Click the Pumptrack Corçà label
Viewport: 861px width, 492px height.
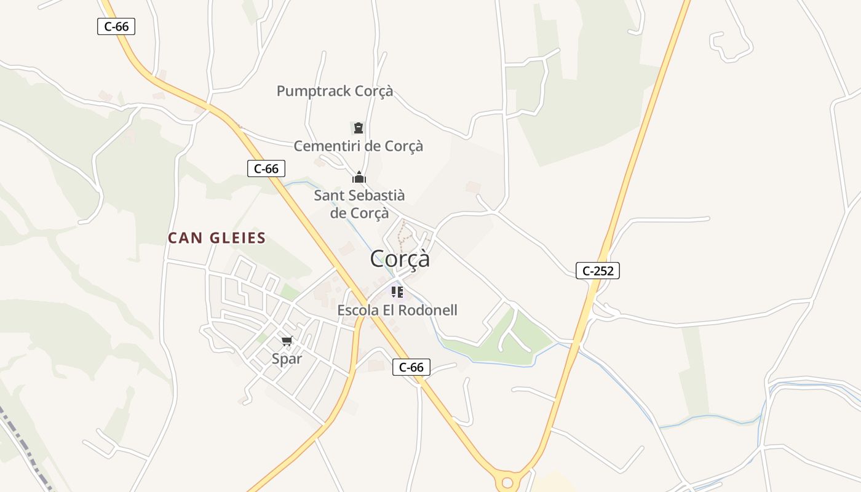335,91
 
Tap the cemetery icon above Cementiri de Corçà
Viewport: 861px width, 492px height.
359,128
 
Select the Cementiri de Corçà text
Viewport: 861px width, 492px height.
359,146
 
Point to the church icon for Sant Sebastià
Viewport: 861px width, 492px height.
359,178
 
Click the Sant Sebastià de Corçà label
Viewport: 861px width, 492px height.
359,204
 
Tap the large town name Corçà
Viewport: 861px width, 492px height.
400,259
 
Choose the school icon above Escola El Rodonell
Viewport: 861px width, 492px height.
397,292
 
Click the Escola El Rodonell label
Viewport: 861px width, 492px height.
397,311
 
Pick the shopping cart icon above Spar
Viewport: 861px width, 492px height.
287,341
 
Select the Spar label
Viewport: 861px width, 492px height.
287,359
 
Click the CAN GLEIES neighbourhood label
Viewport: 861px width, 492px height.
217,238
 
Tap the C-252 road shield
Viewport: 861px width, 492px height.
597,270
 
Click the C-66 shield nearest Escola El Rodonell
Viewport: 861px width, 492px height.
411,367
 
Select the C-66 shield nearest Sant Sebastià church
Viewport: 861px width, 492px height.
266,169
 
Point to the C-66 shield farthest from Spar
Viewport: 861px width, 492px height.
116,26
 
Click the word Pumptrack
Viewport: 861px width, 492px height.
305,91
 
